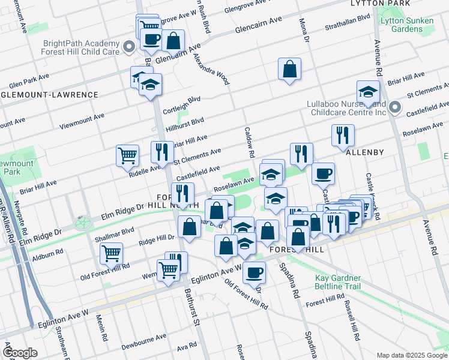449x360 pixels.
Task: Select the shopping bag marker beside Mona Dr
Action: click(x=289, y=70)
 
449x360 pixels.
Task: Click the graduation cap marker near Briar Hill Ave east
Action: click(x=368, y=92)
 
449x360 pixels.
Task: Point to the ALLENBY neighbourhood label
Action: click(x=364, y=152)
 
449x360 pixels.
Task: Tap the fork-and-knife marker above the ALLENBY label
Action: click(x=343, y=135)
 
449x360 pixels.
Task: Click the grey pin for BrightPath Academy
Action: click(x=128, y=47)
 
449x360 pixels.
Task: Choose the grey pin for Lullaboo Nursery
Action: click(x=394, y=107)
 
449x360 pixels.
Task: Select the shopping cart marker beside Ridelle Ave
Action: click(x=127, y=156)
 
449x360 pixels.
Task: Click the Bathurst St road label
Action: click(x=191, y=307)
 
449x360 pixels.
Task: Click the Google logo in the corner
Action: click(x=20, y=353)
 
